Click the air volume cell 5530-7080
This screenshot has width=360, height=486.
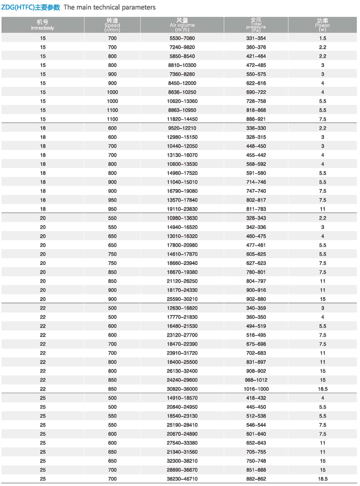point(182,38)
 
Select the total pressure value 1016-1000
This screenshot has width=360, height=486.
point(256,389)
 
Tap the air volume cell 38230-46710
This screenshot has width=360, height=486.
point(182,479)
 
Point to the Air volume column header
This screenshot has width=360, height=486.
point(182,25)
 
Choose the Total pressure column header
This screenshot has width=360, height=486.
point(256,25)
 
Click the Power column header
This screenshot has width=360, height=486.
point(323,25)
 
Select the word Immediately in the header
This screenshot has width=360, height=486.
point(43,28)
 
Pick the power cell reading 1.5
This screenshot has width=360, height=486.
point(323,38)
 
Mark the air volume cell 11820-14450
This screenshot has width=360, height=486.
point(182,119)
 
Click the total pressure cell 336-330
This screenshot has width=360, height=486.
point(256,128)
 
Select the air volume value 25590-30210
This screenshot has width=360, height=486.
point(182,299)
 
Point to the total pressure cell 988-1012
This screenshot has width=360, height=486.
point(256,380)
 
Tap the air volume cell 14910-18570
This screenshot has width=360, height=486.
point(182,398)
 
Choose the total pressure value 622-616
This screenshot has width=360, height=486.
point(256,83)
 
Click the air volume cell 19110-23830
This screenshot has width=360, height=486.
point(182,209)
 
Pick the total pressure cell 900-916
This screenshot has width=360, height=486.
point(256,290)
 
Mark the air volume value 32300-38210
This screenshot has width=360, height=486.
point(182,461)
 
